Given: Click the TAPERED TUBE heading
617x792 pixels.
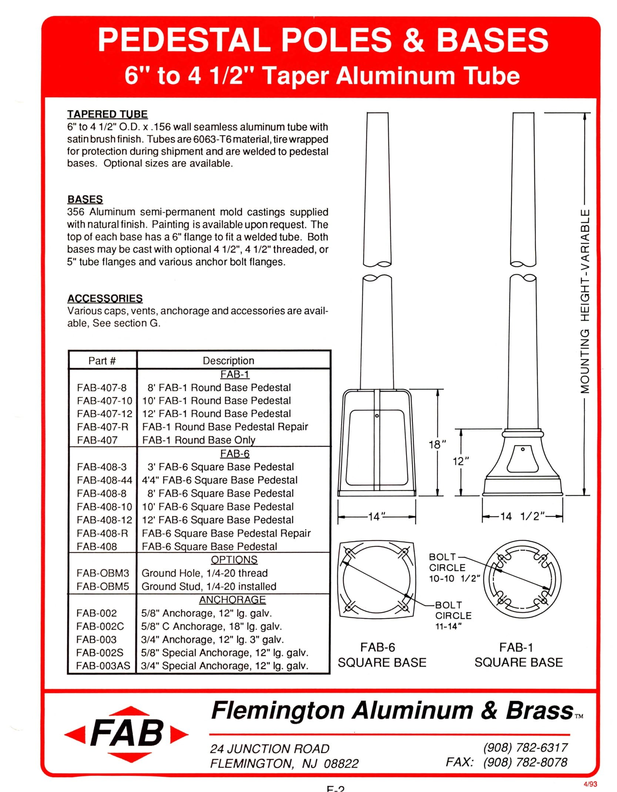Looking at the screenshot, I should pos(107,114).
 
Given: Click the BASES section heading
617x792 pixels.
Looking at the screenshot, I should pos(85,199).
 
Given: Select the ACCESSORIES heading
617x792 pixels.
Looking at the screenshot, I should pos(105,298).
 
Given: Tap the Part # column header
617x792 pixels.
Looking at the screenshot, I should pos(102,361).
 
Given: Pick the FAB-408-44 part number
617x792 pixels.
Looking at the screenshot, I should pos(104,480).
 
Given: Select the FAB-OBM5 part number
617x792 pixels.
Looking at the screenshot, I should pos(103,586).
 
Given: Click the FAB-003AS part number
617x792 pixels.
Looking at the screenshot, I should pos(103,666).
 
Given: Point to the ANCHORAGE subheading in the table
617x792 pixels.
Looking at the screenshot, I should pos(232,600).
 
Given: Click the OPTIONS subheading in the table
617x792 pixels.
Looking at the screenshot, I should pos(234,560).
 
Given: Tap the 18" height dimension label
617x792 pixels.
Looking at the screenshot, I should pos(437,444).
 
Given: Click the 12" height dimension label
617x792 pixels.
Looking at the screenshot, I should pos(461,461).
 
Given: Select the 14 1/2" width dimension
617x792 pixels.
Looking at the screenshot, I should pos(522,516).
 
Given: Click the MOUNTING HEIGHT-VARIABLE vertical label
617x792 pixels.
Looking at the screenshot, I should pos(584,301).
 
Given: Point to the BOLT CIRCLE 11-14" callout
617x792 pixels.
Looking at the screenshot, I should pos(453,616).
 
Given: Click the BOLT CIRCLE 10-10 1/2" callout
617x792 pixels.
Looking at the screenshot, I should pos(454,567).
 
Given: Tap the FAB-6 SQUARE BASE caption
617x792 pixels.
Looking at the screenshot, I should pos(382,655).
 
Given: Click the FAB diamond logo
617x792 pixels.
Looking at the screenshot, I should pos(126,734).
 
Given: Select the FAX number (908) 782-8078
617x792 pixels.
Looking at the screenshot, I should pos(525,762).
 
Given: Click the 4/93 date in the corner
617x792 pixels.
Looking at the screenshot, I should pos(590,784).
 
